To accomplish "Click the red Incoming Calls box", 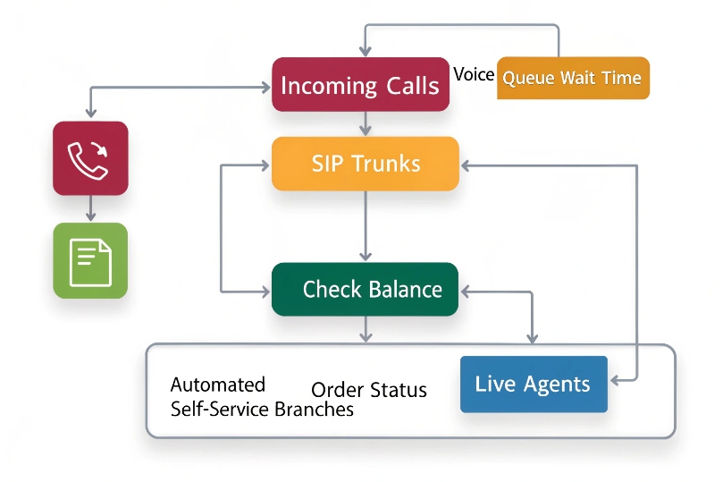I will [360, 85].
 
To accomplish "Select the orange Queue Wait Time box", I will [572, 78].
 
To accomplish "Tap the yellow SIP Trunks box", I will [365, 164].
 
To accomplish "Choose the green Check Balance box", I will [365, 289].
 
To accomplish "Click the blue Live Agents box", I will [534, 385].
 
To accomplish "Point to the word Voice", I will [474, 74].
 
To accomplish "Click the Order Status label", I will [368, 391].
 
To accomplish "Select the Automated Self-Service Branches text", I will [261, 398].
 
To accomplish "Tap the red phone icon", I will [90, 158].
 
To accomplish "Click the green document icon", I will [90, 260].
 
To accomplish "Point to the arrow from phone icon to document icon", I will [90, 209].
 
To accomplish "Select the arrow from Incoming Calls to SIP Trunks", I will [365, 124].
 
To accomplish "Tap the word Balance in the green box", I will [408, 289].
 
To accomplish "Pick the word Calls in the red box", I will [412, 86].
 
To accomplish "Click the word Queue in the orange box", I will [528, 78].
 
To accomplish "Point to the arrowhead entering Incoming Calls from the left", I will [265, 87].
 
